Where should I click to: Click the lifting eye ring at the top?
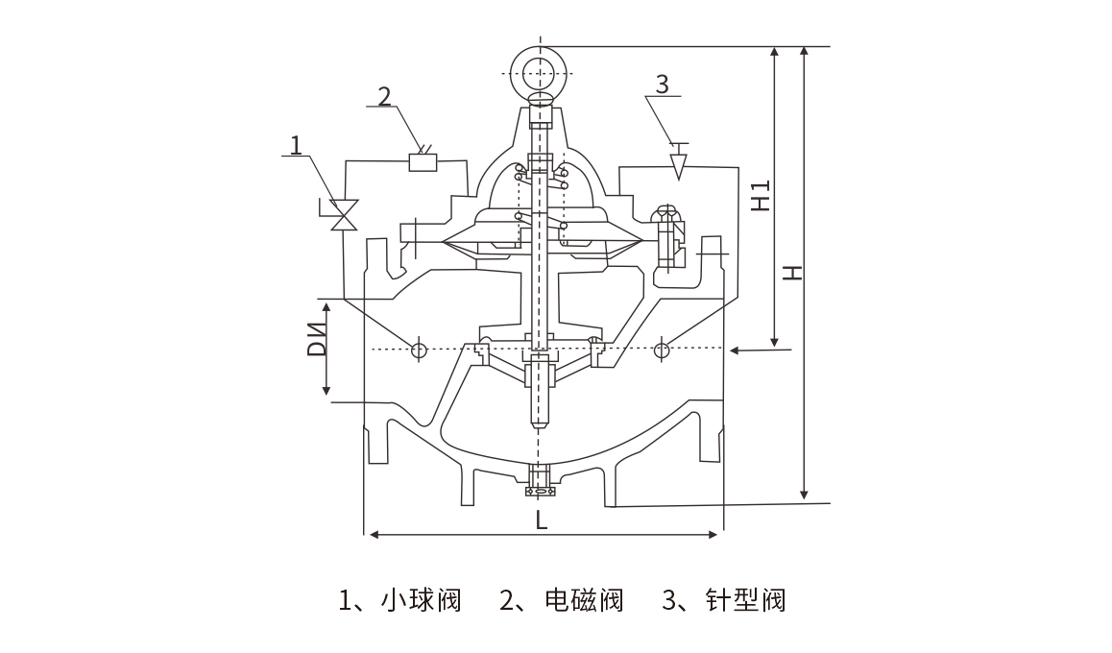click(541, 71)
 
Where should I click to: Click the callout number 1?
click(297, 144)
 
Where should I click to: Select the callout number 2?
click(384, 96)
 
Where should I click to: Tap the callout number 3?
click(662, 84)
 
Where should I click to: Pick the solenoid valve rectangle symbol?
click(423, 161)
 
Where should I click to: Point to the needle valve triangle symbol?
click(678, 165)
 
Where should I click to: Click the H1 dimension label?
click(761, 195)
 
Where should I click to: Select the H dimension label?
click(791, 273)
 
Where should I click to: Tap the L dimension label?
click(542, 520)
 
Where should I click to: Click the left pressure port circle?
click(419, 350)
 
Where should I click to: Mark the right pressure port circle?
click(662, 350)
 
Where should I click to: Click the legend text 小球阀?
click(421, 601)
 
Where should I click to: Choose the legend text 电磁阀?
click(583, 601)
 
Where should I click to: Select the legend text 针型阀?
click(745, 601)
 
